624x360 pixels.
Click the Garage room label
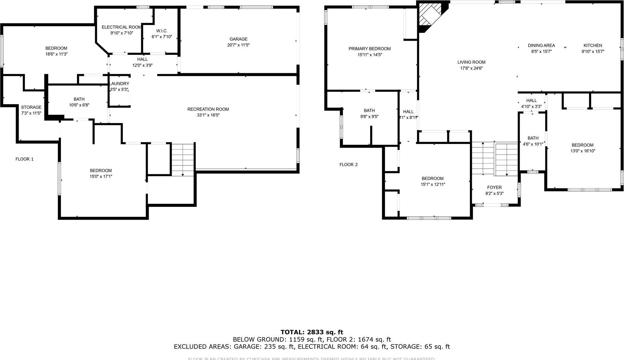(238, 39)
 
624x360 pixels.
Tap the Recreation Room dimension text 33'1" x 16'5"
(208, 115)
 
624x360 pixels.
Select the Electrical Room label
(121, 27)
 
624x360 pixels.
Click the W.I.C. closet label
(162, 31)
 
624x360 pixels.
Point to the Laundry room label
(119, 84)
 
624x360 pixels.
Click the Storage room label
(31, 107)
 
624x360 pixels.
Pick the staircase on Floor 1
(183, 159)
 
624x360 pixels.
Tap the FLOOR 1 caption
(24, 159)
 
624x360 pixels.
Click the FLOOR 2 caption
(348, 164)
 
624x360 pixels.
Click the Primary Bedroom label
(370, 49)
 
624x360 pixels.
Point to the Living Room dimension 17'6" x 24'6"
(471, 68)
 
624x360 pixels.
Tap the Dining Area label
(541, 46)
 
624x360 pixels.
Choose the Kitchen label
(593, 46)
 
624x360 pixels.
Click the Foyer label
(494, 188)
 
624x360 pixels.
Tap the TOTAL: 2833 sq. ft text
(312, 332)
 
